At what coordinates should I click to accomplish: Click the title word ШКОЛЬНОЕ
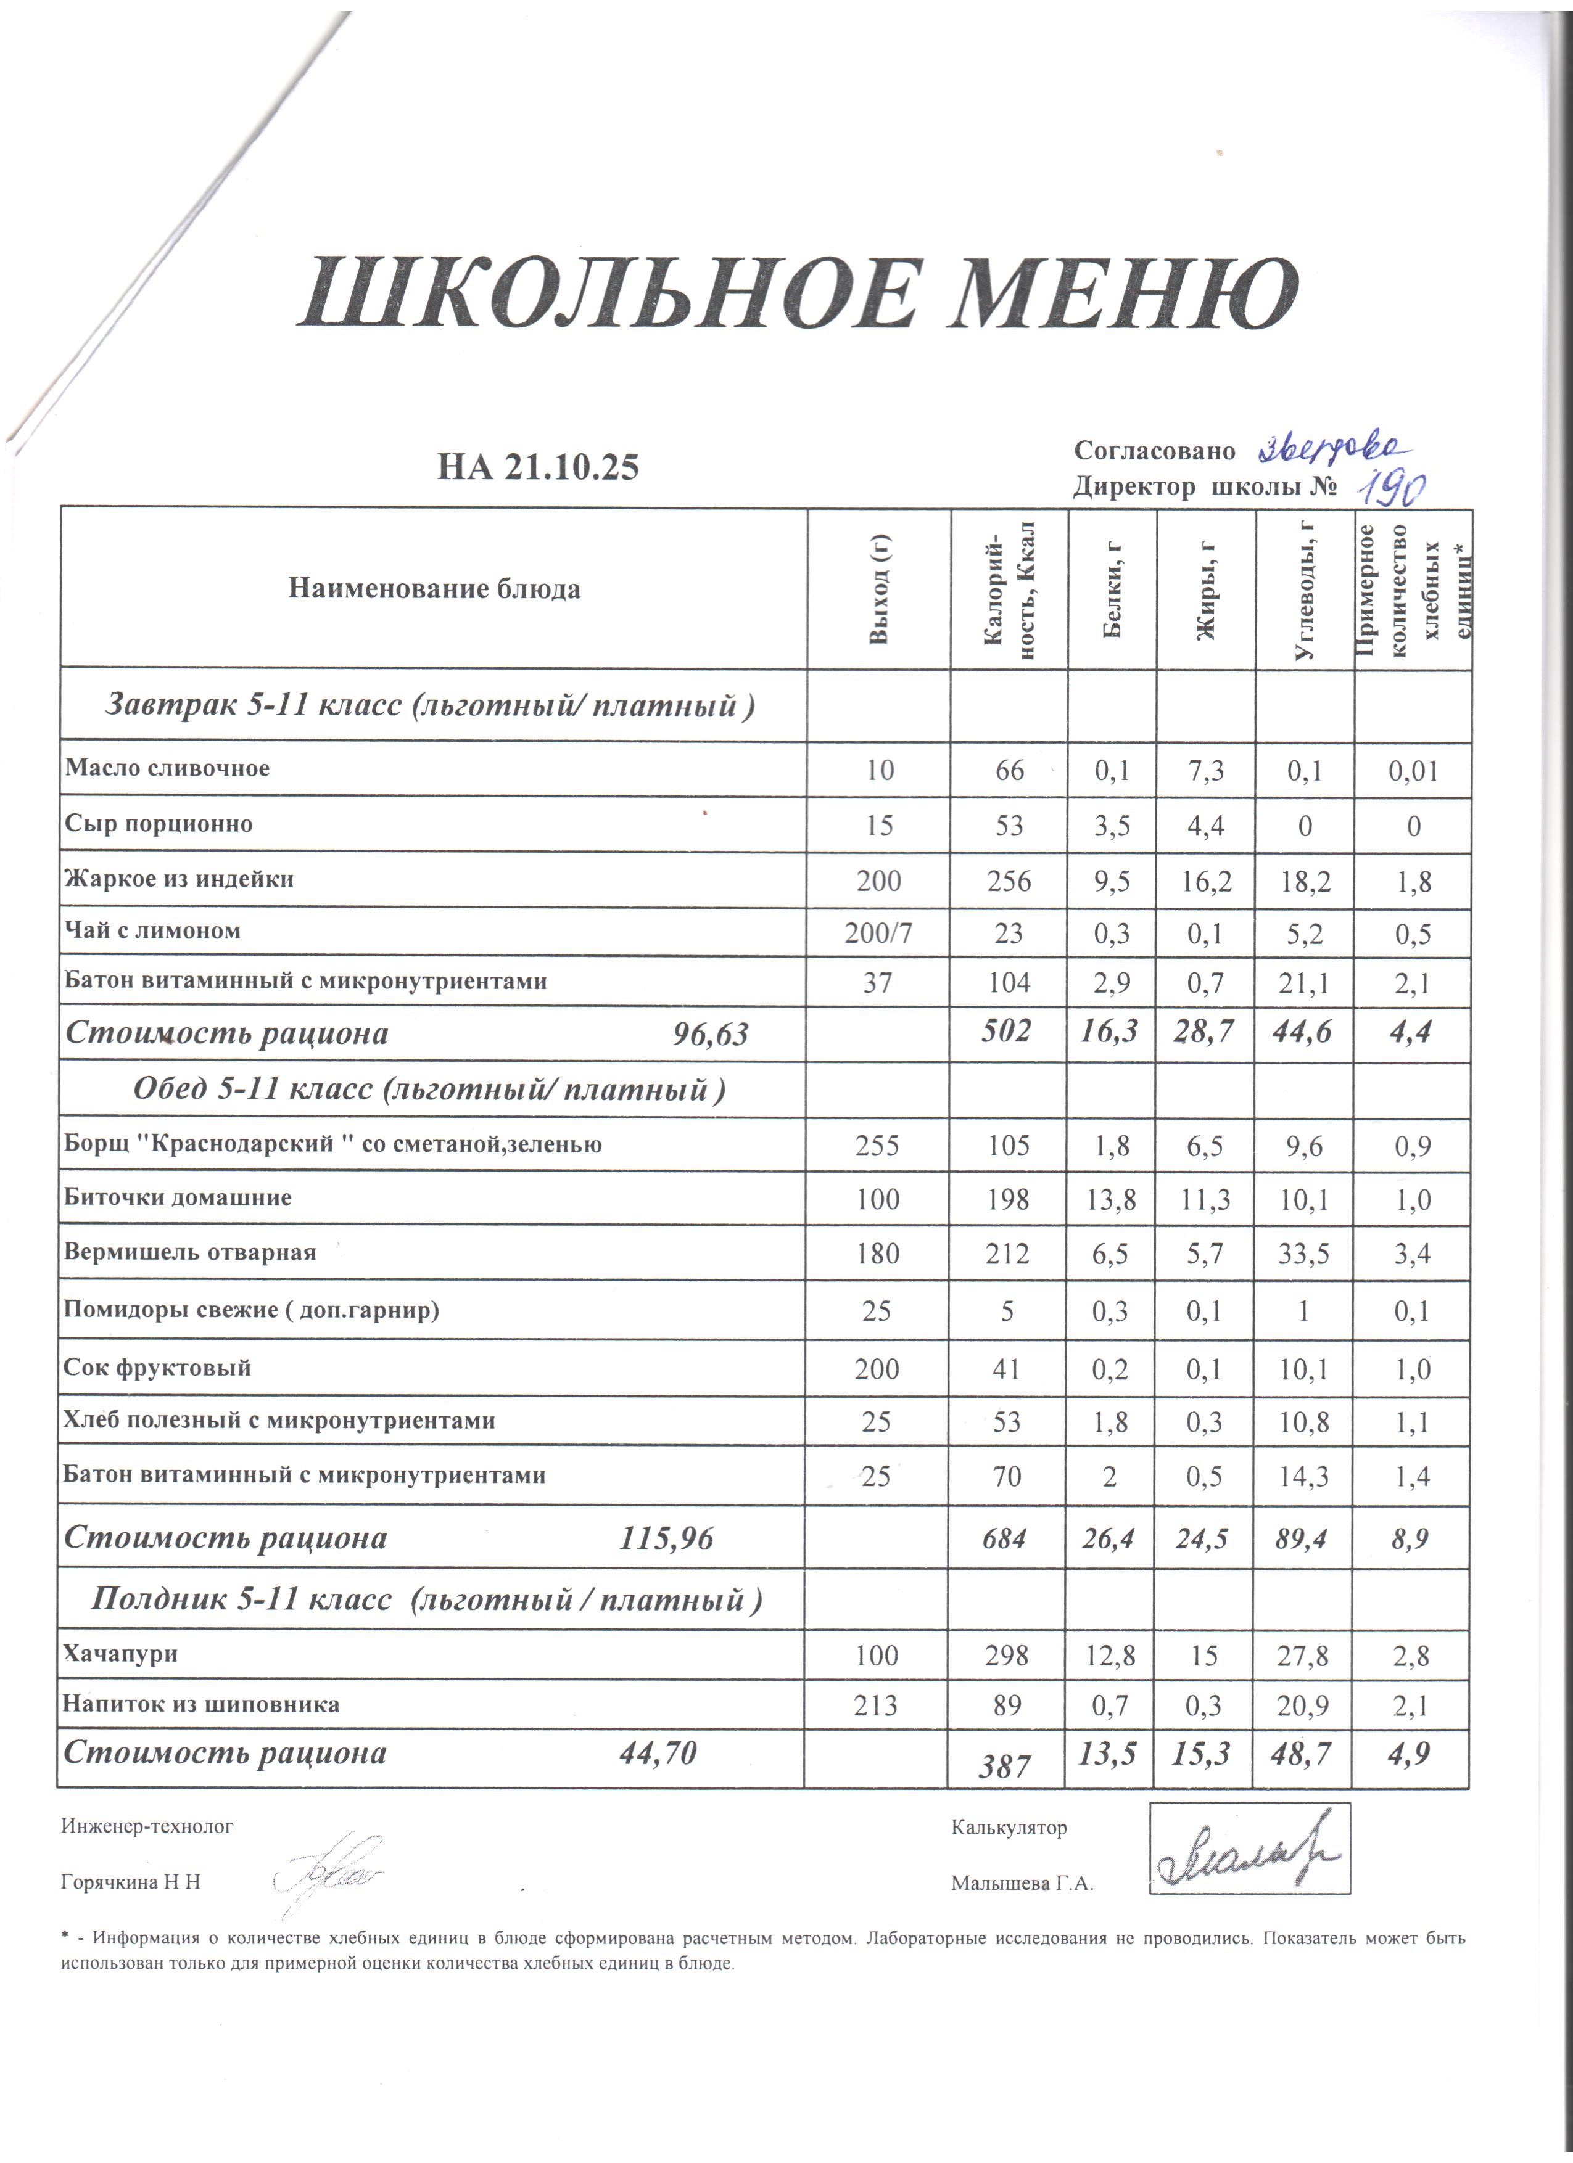click(x=601, y=293)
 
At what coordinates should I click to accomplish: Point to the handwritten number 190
click(x=1391, y=489)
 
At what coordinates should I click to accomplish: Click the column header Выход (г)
click(x=878, y=588)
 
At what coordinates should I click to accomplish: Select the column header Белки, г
click(x=1112, y=588)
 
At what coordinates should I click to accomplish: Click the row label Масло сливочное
click(x=167, y=769)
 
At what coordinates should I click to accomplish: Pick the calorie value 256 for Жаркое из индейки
click(x=1009, y=880)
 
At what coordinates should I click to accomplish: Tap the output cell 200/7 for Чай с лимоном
click(x=878, y=933)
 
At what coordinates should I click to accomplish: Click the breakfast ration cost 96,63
click(x=711, y=1035)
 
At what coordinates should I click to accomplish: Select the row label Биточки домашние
click(x=178, y=1198)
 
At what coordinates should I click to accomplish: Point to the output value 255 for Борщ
click(x=877, y=1144)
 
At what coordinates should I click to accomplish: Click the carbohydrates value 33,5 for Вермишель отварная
click(x=1303, y=1253)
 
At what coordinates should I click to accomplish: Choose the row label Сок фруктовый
click(x=157, y=1368)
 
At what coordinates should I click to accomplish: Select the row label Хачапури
click(x=120, y=1654)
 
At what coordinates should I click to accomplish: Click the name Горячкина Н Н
click(x=131, y=1882)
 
